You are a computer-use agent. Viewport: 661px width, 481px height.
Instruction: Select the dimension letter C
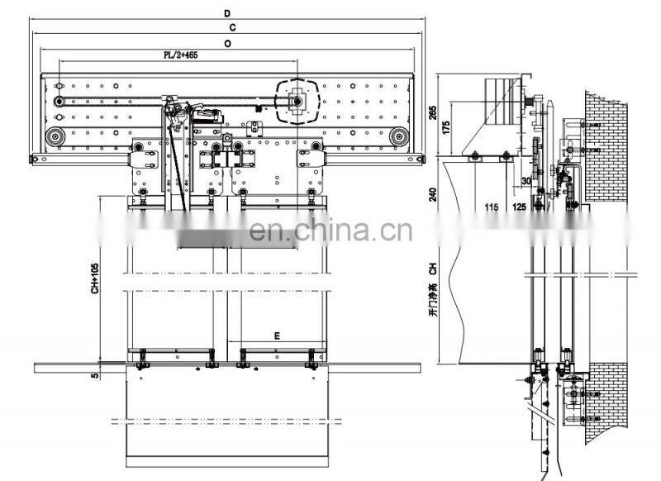pyautogui.click(x=232, y=28)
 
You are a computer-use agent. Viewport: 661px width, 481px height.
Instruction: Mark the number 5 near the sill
pyautogui.click(x=95, y=374)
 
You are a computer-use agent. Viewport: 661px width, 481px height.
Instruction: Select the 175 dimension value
pyautogui.click(x=446, y=130)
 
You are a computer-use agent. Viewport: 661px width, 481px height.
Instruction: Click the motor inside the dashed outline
pyautogui.click(x=296, y=101)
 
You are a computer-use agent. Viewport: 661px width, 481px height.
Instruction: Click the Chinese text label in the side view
pyautogui.click(x=432, y=302)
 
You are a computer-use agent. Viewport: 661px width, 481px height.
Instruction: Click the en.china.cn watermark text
pyautogui.click(x=330, y=231)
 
